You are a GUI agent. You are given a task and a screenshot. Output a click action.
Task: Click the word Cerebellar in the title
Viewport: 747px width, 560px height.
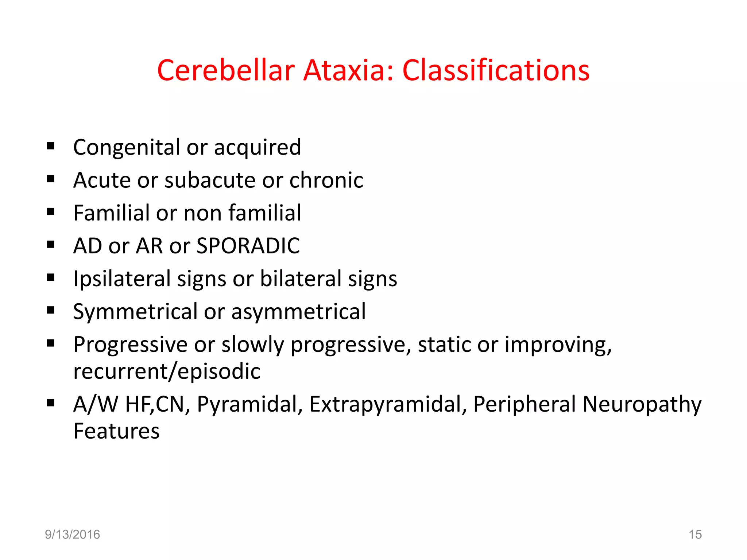point(226,70)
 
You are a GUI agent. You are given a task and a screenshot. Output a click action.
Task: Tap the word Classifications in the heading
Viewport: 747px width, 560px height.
point(496,70)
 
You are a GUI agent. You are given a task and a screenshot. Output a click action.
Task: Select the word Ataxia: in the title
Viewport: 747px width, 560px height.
point(349,70)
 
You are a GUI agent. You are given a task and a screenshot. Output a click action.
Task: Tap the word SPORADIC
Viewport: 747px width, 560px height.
point(248,246)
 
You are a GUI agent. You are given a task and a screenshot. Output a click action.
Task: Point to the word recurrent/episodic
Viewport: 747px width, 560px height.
point(167,372)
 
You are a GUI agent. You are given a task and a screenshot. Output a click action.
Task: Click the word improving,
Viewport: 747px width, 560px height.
point(558,345)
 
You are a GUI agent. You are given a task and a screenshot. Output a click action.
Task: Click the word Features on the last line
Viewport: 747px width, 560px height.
point(116,431)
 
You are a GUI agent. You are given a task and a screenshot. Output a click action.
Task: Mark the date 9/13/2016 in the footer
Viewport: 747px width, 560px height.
point(72,534)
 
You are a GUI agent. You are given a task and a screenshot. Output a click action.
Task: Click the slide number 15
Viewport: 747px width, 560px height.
point(695,534)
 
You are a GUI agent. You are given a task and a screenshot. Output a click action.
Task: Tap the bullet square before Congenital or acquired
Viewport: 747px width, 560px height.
point(51,146)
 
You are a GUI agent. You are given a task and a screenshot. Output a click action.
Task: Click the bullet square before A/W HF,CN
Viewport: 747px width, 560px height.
point(51,403)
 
